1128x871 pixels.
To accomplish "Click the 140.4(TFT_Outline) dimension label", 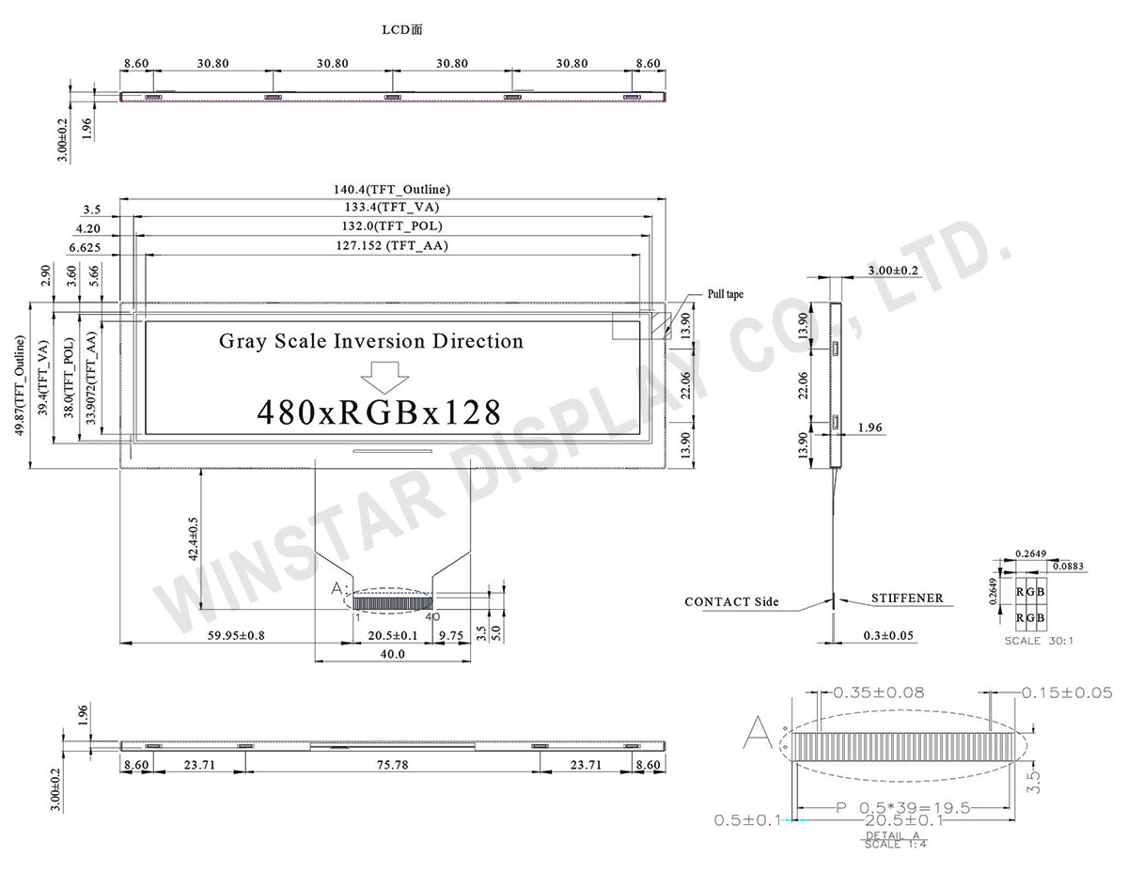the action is click(x=391, y=190).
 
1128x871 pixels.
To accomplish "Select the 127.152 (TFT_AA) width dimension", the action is click(x=392, y=245).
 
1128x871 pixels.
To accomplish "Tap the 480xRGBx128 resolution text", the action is click(x=379, y=412).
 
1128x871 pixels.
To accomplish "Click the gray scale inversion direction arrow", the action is click(x=384, y=377).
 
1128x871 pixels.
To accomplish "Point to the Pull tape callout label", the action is click(x=725, y=294).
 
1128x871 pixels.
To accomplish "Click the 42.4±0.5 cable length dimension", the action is click(x=193, y=538).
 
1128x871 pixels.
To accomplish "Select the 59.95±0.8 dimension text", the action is click(x=236, y=635).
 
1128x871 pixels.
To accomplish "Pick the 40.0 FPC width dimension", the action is click(x=392, y=654).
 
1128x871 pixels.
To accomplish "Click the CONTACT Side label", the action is click(x=731, y=601).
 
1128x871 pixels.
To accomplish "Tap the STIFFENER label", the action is click(x=907, y=599).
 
